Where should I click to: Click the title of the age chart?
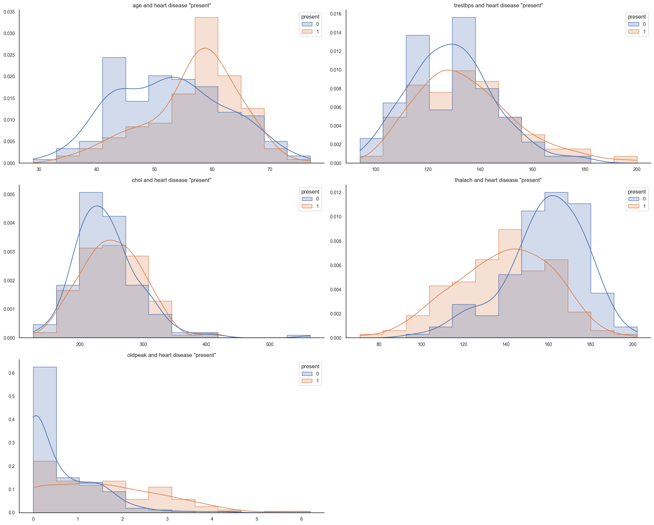pos(172,6)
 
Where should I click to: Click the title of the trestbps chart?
pos(498,6)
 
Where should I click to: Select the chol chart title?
pos(172,180)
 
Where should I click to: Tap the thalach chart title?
pos(498,180)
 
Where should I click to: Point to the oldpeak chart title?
pos(172,355)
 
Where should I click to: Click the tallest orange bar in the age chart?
pos(206,89)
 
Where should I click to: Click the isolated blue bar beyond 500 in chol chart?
pos(298,336)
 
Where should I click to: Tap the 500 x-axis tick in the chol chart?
pos(270,344)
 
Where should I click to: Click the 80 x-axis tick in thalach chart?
pos(379,344)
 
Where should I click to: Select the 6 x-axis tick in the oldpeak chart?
pos(301,519)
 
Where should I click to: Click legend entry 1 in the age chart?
pos(317,32)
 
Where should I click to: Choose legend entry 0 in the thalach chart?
pos(644,199)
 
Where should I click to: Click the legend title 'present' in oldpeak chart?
pos(310,367)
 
